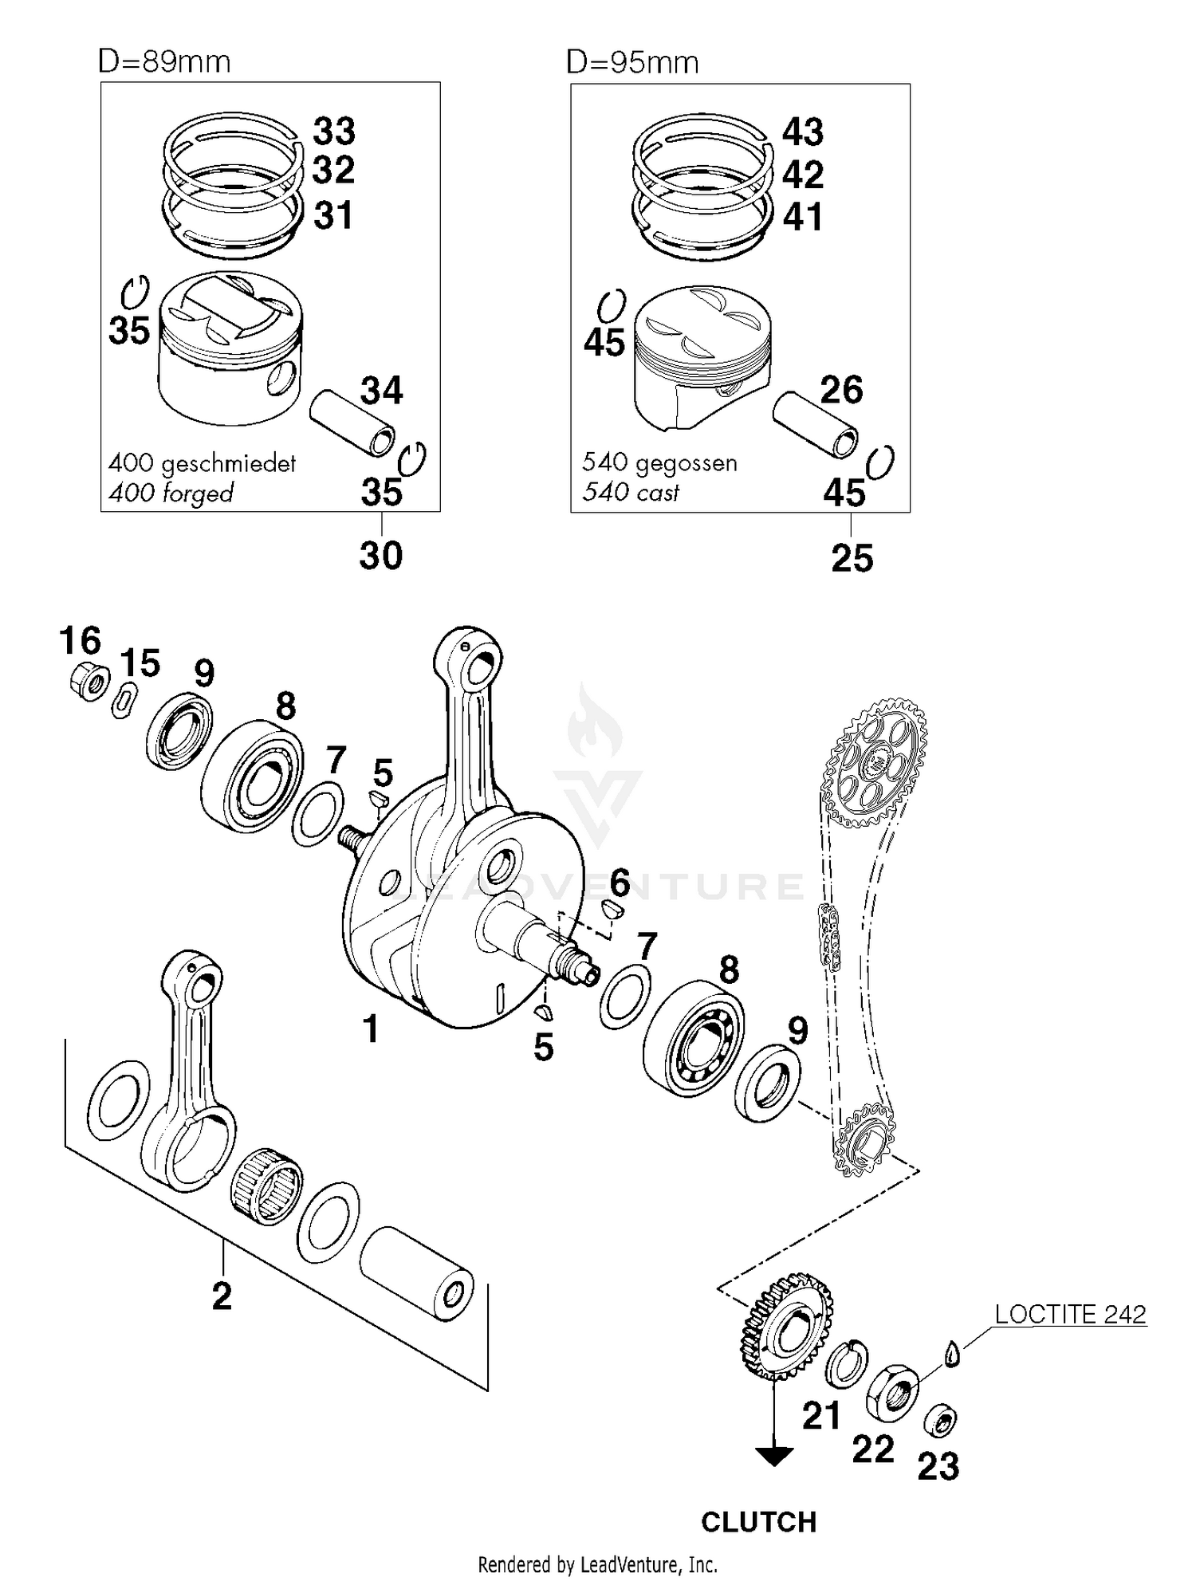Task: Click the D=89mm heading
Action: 164,62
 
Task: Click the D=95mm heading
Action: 632,62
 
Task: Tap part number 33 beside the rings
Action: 333,132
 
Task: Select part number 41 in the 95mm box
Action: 802,217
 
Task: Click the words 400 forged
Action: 171,494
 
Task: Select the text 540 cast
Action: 630,492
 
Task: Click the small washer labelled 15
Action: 123,701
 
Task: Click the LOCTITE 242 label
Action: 1070,1314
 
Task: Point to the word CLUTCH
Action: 758,1522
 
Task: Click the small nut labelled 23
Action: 940,1420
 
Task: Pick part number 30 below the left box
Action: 380,556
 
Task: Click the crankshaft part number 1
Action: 370,1029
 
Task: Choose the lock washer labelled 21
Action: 845,1361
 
